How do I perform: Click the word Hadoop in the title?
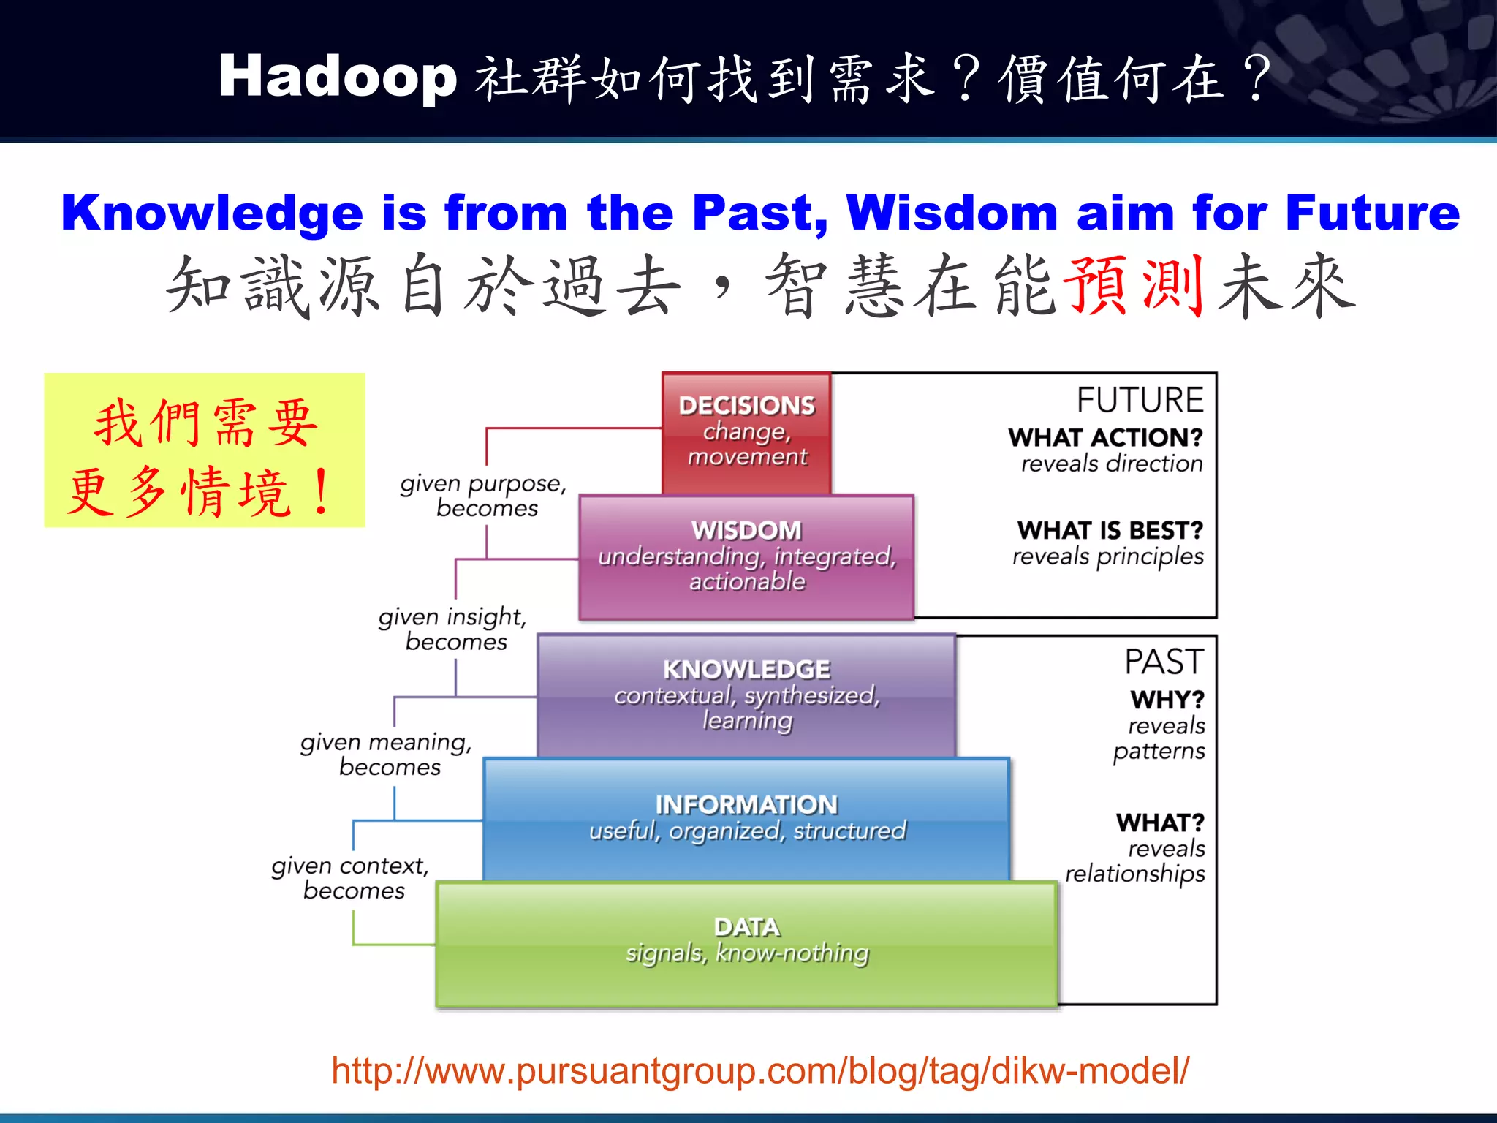[x=338, y=77]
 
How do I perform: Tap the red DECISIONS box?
[x=746, y=431]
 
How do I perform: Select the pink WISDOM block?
[x=746, y=557]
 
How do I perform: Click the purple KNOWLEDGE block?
[x=746, y=695]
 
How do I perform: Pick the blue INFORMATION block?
[x=746, y=819]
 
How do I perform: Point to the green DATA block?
[x=746, y=943]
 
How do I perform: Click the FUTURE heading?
[x=1140, y=400]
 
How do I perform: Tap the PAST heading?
[x=1164, y=662]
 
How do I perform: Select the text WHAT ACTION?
[x=1105, y=437]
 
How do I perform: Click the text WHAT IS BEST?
[x=1110, y=530]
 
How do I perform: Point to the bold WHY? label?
[x=1167, y=700]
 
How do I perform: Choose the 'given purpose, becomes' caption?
[x=484, y=496]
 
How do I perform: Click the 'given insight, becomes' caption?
[x=453, y=629]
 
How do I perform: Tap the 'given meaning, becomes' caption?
[x=387, y=754]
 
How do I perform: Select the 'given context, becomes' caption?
[x=351, y=877]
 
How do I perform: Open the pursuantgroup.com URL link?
[x=760, y=1071]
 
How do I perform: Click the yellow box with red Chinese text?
[x=205, y=450]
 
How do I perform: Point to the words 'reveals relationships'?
[x=1136, y=861]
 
